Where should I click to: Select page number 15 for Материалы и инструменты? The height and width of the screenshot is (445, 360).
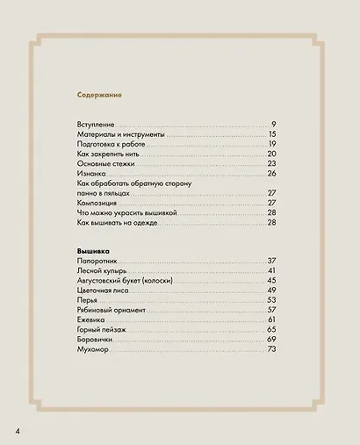coord(272,134)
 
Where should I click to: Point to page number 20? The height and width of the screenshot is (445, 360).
coord(272,154)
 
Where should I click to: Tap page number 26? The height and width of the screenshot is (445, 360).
coord(272,173)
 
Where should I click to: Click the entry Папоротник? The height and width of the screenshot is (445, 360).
coord(97,262)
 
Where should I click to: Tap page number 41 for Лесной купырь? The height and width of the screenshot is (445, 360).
coord(272,271)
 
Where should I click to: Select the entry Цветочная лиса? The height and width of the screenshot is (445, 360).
coord(104,291)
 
